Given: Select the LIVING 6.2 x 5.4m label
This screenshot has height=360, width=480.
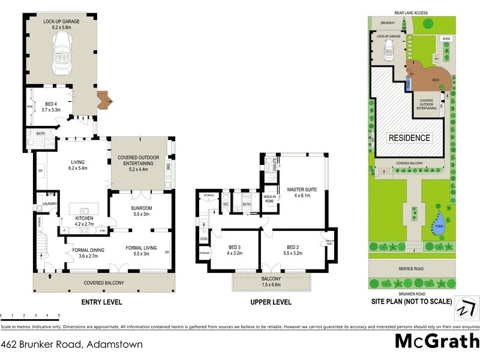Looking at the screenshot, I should click(x=78, y=165).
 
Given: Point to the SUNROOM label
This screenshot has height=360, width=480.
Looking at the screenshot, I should click(x=142, y=211).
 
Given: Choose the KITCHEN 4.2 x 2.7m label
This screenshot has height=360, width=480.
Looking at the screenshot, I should click(x=86, y=221).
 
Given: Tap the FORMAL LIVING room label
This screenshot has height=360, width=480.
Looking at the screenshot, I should click(x=142, y=250).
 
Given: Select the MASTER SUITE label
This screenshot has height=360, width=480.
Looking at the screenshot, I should click(x=301, y=191).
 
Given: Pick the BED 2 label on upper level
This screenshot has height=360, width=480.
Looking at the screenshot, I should click(x=292, y=250).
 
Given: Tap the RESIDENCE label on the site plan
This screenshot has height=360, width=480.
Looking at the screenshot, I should click(x=410, y=137).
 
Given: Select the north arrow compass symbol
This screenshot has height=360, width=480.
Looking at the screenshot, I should click(x=464, y=308).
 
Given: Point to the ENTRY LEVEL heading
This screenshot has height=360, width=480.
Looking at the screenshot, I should click(x=101, y=302).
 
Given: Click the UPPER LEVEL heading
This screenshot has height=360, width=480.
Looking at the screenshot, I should click(x=271, y=302).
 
